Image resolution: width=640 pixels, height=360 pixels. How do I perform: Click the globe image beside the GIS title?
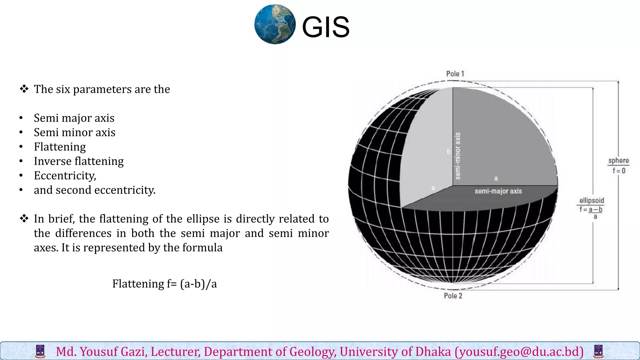[x=275, y=24]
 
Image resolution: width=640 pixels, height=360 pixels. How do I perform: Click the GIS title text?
[x=326, y=27]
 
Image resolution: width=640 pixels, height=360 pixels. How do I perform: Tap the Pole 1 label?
[x=455, y=74]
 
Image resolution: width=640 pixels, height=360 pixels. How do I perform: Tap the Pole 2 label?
[x=453, y=296]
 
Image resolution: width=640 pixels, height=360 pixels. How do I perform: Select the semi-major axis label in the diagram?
[x=498, y=191]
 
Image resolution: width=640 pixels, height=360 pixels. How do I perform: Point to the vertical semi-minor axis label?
[x=458, y=156]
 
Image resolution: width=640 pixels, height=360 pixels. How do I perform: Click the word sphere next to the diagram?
[x=618, y=161]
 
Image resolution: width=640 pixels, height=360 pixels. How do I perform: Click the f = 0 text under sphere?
[x=619, y=171]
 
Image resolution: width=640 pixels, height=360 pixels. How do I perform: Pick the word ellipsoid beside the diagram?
[x=592, y=200]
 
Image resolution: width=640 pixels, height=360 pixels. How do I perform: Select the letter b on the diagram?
[x=448, y=152]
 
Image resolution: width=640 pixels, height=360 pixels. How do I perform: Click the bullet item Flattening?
[x=60, y=147]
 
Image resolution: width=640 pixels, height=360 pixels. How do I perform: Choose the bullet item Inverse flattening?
[x=79, y=161]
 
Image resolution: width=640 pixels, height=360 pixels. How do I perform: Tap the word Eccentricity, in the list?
[x=65, y=176]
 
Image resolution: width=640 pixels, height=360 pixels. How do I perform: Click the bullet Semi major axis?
[x=74, y=118]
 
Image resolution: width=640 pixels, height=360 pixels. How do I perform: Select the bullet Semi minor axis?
[x=75, y=132]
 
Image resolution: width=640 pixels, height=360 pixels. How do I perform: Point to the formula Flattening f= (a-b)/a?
[x=164, y=284]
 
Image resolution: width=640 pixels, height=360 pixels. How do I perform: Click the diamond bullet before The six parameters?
[x=24, y=89]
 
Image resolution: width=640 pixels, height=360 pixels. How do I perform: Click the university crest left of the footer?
[x=40, y=352]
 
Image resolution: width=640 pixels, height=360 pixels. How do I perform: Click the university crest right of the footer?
[x=598, y=352]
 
